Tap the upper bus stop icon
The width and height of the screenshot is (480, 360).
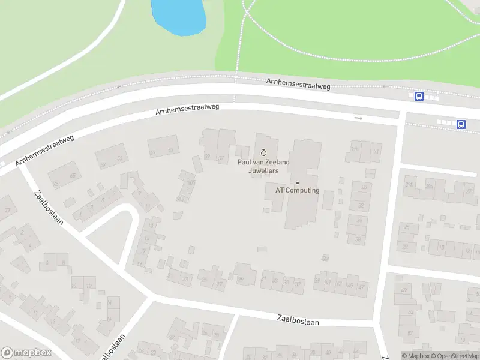[x=419, y=96]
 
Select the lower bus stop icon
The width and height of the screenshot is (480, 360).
[x=461, y=124]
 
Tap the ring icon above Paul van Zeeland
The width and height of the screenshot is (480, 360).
[x=263, y=152]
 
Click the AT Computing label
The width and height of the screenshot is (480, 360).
[x=298, y=190]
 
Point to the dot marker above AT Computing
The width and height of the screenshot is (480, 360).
[x=297, y=182]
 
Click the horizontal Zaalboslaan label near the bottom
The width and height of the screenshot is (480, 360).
[x=298, y=321]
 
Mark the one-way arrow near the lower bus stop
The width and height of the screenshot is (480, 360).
[x=359, y=118]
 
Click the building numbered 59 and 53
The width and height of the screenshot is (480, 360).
[x=111, y=158]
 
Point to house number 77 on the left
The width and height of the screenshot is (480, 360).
[x=7, y=210]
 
